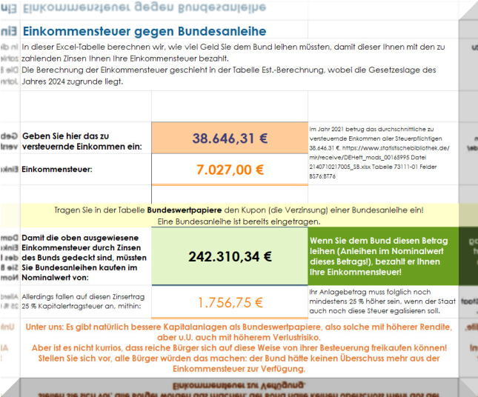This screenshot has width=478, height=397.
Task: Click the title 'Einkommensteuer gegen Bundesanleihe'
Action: [145, 33]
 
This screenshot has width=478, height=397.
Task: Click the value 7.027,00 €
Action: [230, 169]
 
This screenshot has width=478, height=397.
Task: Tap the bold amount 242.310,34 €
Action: [230, 256]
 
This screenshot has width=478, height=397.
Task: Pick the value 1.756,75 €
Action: [230, 301]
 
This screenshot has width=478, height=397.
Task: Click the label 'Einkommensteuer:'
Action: [57, 170]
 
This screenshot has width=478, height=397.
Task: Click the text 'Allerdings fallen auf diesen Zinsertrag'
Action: [83, 296]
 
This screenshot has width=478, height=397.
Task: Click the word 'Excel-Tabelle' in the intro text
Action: [79, 47]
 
